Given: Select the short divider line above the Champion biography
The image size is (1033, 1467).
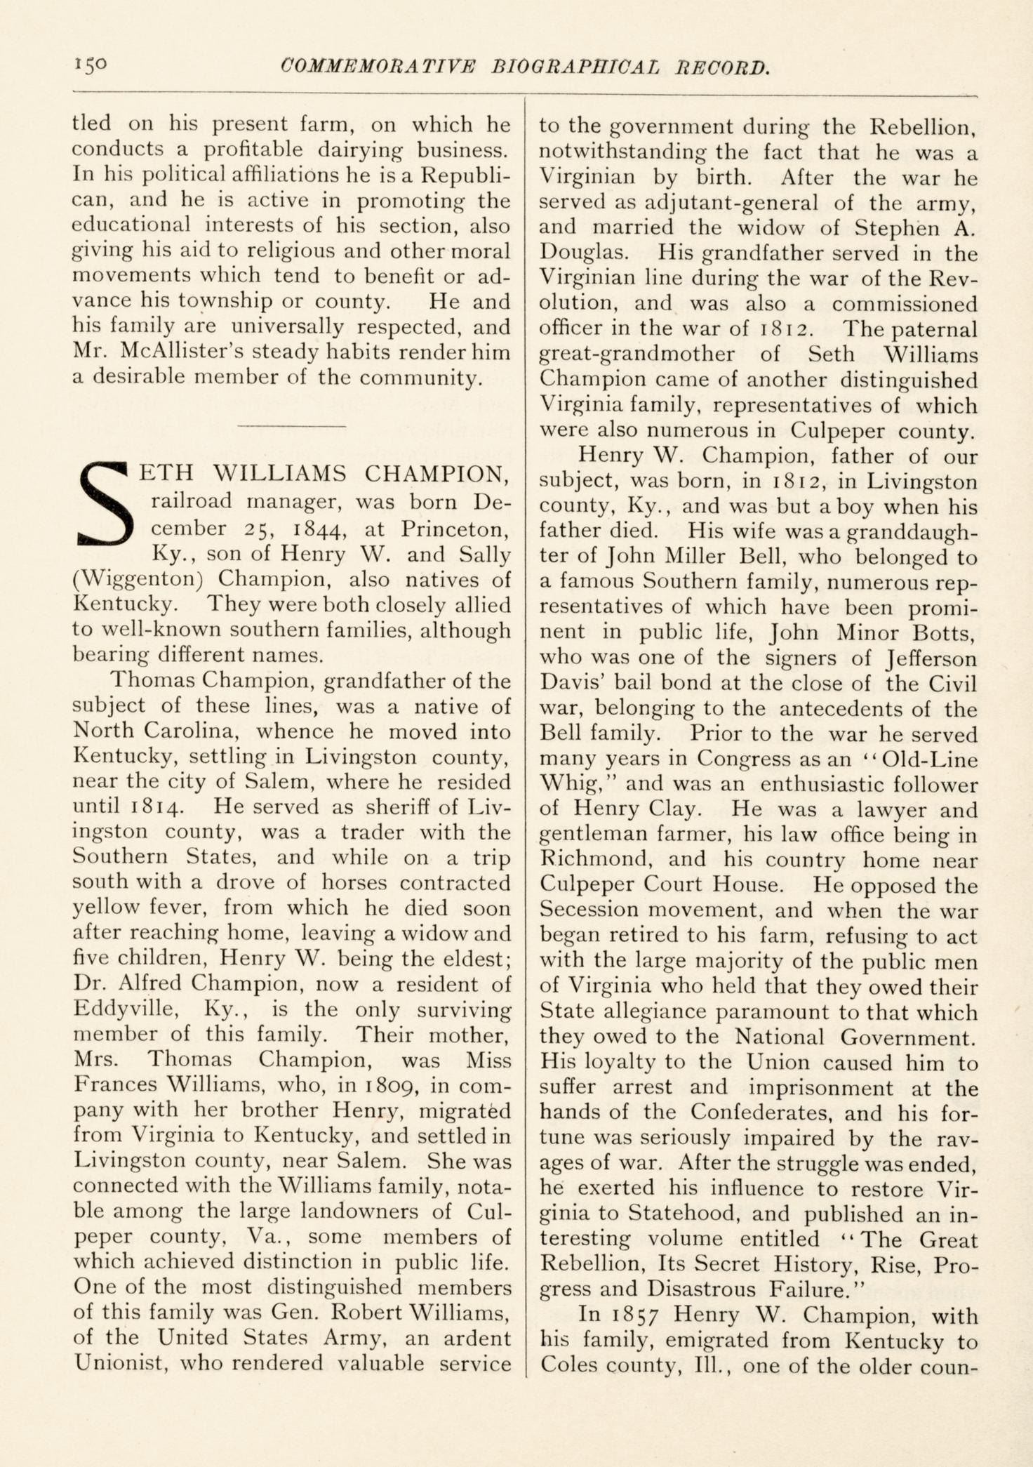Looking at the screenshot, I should tap(292, 425).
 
